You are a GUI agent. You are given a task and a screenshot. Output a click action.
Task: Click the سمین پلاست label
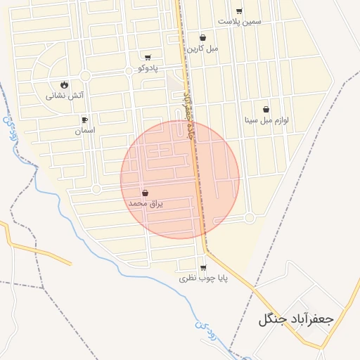tap(239, 21)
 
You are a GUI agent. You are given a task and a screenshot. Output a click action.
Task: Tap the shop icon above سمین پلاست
tap(239, 11)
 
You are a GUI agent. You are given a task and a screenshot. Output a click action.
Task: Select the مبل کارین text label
tap(202, 49)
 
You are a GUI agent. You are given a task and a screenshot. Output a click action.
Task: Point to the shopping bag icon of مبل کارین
tap(202, 38)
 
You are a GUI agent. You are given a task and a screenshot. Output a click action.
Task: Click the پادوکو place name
tap(148, 68)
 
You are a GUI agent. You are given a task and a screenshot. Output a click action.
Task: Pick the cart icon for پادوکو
tap(148, 58)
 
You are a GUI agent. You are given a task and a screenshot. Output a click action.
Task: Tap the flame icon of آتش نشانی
tap(65, 84)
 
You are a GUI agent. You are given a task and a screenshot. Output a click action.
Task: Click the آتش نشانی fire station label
tap(65, 95)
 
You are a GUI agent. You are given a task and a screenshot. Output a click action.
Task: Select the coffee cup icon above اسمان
tap(85, 120)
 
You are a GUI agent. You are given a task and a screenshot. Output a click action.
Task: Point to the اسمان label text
tap(85, 130)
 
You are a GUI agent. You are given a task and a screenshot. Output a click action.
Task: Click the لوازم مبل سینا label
tap(266, 120)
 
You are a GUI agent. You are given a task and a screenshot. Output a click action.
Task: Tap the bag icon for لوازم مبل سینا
tap(266, 110)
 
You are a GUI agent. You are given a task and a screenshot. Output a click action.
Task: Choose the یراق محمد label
tap(146, 203)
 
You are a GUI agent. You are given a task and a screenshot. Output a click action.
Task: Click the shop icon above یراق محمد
tap(146, 193)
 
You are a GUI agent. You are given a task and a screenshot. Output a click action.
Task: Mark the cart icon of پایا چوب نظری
tap(203, 268)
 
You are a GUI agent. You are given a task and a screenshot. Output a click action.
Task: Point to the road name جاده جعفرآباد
tap(187, 112)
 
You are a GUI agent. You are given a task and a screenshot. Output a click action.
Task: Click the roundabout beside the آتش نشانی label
tap(86, 75)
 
